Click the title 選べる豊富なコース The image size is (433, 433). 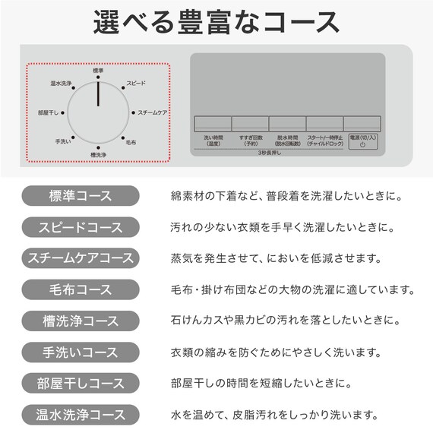click(x=216, y=22)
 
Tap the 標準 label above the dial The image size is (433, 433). click(x=98, y=70)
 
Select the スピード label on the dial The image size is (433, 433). click(x=136, y=83)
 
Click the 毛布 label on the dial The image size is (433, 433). click(x=131, y=142)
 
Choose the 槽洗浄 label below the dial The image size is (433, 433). click(x=98, y=155)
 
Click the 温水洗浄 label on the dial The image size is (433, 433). click(x=61, y=84)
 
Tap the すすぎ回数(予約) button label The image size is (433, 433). click(x=249, y=141)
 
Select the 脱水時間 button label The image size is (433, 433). click(x=286, y=141)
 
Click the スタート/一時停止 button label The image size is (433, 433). click(x=324, y=141)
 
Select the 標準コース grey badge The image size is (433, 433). click(x=80, y=197)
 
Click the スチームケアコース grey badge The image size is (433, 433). click(x=80, y=258)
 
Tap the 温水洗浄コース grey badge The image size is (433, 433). click(x=80, y=415)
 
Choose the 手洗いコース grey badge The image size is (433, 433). click(x=80, y=352)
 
